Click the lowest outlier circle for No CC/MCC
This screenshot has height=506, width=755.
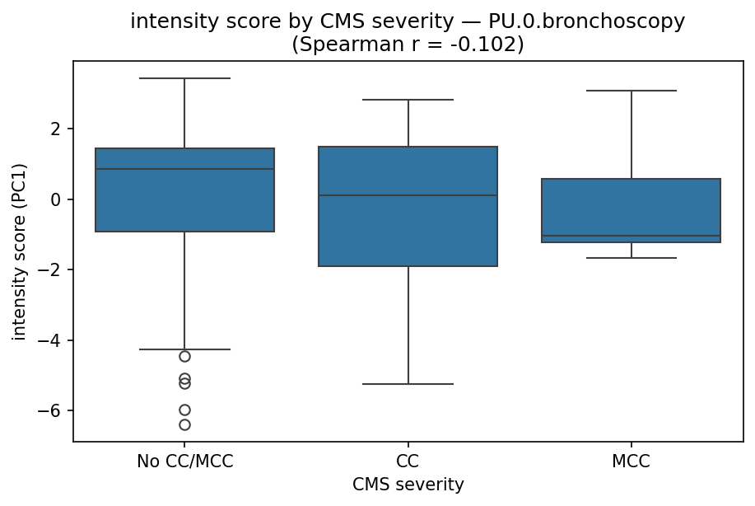tap(184, 424)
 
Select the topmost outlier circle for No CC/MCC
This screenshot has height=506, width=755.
tap(184, 356)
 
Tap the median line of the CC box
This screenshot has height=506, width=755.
tap(408, 195)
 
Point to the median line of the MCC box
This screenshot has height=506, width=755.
tap(631, 236)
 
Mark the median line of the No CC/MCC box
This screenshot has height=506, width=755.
tap(184, 169)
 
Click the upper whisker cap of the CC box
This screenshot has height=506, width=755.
tap(408, 100)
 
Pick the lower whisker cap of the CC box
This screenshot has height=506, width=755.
tap(408, 384)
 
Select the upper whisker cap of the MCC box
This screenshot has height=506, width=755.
tap(631, 91)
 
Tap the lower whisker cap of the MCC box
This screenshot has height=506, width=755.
tap(631, 258)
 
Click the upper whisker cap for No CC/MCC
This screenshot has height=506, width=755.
tap(184, 78)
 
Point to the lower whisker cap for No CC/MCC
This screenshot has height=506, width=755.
tap(184, 349)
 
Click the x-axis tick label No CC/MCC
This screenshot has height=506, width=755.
tap(184, 461)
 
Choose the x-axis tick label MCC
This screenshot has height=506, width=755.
tap(631, 461)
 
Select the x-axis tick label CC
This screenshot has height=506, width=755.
tap(408, 461)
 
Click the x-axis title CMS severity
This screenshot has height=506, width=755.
tap(408, 485)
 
